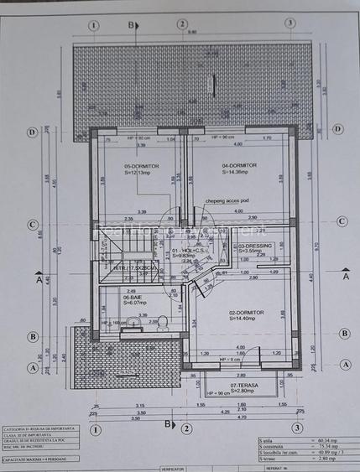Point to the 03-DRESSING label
(x=254, y=246)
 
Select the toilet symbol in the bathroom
(x=160, y=321)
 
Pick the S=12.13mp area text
(x=139, y=173)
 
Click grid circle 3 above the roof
(x=290, y=24)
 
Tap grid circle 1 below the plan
(x=96, y=428)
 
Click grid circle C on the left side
(x=32, y=222)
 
